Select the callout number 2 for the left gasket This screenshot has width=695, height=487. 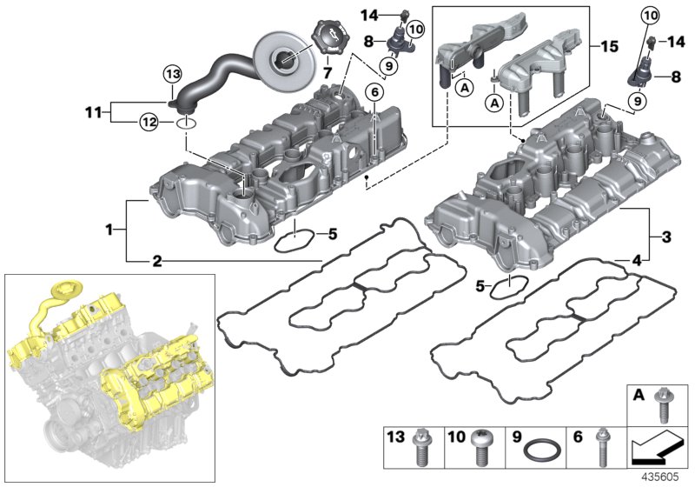coord(156,260)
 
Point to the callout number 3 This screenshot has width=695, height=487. coord(667,235)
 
